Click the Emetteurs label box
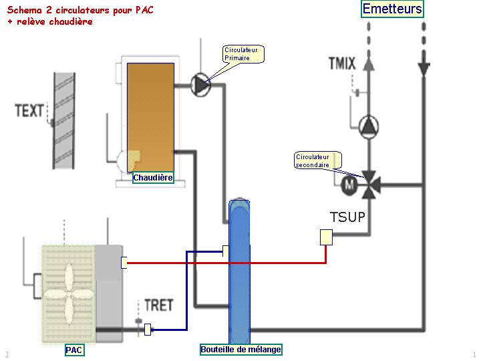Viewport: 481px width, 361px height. (x=392, y=9)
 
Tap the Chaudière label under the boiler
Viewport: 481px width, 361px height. (x=153, y=178)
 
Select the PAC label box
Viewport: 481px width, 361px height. (x=74, y=350)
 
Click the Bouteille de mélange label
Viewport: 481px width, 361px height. (x=241, y=350)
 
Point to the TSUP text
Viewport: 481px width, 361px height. (x=348, y=216)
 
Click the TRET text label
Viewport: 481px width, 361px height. (x=159, y=306)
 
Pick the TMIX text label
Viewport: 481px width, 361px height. (x=342, y=64)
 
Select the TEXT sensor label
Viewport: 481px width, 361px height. (x=29, y=110)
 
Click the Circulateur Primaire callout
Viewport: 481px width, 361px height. (x=243, y=54)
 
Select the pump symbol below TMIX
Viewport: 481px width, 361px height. (x=369, y=126)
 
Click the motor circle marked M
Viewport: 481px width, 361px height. (x=349, y=185)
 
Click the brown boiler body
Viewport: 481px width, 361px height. (x=150, y=116)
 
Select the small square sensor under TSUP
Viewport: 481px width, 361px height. (x=326, y=237)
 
